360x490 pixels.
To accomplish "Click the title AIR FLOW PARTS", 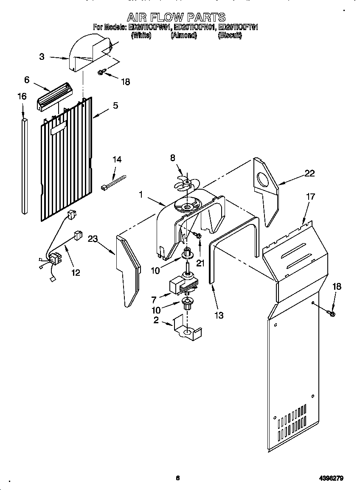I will tap(176, 17).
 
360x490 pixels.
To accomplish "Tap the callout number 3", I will tap(42, 56).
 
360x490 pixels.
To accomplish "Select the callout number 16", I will tap(22, 96).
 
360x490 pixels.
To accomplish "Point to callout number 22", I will tap(310, 173).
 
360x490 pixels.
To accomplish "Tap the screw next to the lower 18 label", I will tap(332, 314).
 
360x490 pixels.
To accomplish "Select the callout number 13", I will tap(219, 315).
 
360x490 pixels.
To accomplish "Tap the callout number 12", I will tap(75, 272).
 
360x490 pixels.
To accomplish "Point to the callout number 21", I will tap(200, 263).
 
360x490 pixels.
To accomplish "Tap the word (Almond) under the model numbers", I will tap(183, 36).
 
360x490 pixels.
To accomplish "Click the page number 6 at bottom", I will tap(178, 478).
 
